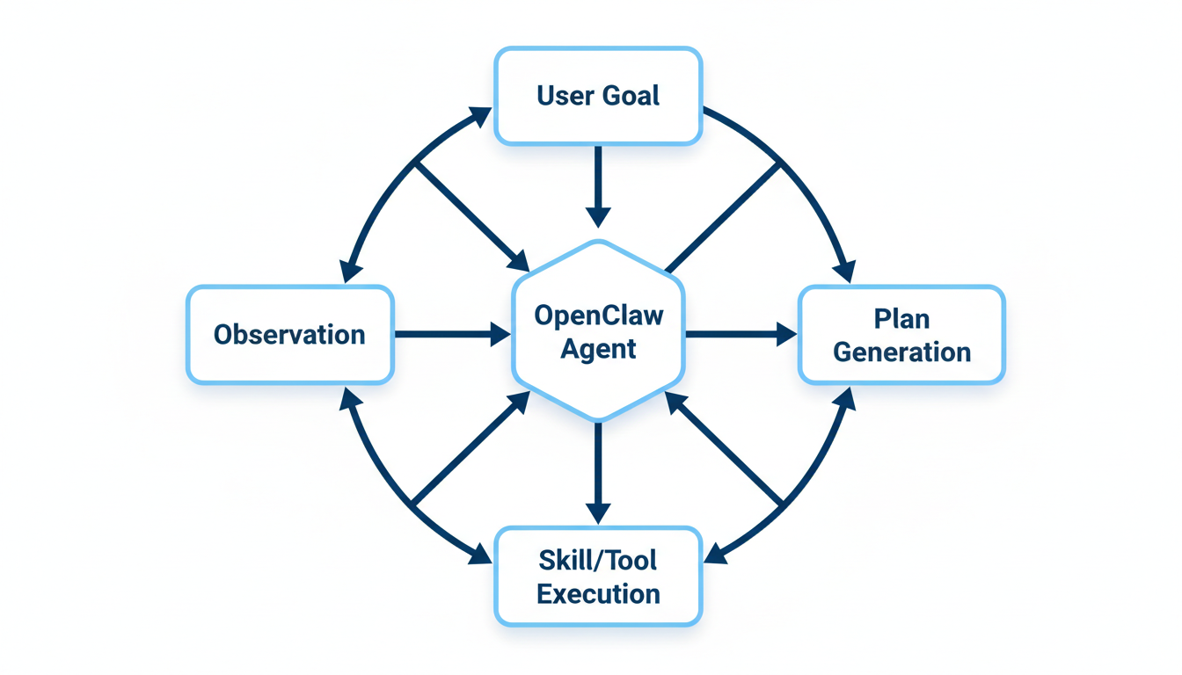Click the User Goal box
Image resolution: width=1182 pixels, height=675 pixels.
[598, 96]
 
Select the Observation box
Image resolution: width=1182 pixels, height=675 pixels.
[289, 335]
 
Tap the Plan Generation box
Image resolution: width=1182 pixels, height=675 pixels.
[901, 335]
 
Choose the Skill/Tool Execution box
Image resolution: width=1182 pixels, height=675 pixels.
[598, 577]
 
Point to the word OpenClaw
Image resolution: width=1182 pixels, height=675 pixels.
[598, 315]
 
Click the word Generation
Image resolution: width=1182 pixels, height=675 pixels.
[901, 352]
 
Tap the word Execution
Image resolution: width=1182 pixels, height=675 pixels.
[598, 594]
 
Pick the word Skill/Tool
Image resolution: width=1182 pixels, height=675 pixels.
[598, 560]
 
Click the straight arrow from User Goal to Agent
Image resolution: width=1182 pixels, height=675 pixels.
[598, 185]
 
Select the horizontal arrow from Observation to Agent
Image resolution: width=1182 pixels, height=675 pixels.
[450, 334]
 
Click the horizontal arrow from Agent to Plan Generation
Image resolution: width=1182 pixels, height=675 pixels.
[739, 334]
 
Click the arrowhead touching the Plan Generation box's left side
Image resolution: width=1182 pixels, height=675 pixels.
[786, 334]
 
